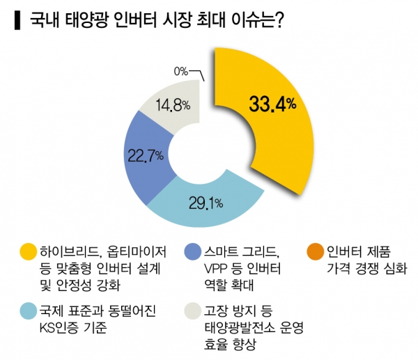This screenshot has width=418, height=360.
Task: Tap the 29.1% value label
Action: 206,203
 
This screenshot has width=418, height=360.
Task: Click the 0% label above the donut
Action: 181,70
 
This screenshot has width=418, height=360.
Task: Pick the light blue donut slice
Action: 209,209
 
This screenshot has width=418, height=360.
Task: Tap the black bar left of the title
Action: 16,22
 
